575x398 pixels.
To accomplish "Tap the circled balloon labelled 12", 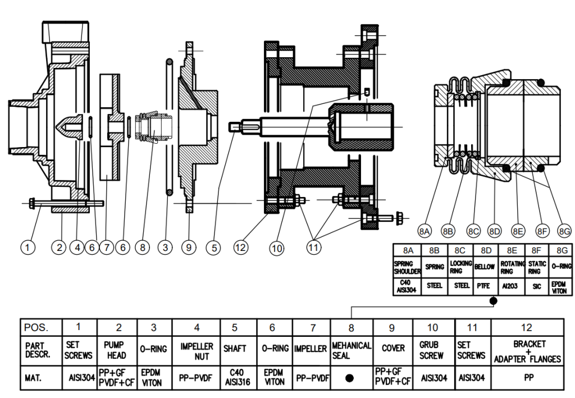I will (x=241, y=246).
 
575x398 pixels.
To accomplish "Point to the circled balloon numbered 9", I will (x=189, y=246).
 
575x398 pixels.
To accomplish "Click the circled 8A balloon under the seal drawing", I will (x=425, y=230).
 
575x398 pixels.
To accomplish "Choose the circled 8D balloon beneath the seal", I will (x=494, y=230).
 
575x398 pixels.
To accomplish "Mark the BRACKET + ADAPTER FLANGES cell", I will (x=528, y=351).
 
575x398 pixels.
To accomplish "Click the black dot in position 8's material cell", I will (x=350, y=378).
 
